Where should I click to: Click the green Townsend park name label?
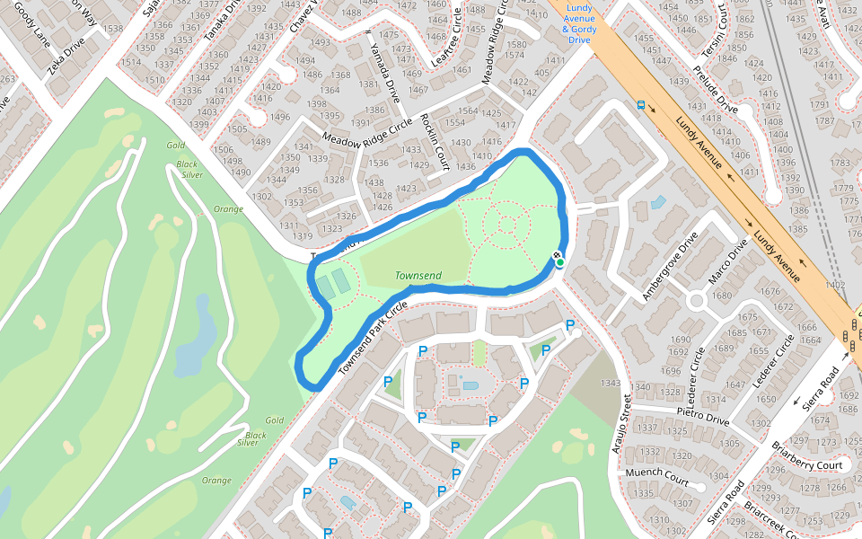coord(418,276)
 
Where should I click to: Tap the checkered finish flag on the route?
coord(559,256)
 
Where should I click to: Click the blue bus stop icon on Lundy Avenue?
coord(640,104)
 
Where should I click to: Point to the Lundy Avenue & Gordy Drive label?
coord(580,24)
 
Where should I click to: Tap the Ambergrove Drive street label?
coord(669,267)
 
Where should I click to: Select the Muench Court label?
coord(657,476)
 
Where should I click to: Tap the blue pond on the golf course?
coord(195,345)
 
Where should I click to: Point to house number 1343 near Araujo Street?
coord(611,384)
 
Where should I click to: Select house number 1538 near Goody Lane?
coord(113,29)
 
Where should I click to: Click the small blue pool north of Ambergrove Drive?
coord(658,203)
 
